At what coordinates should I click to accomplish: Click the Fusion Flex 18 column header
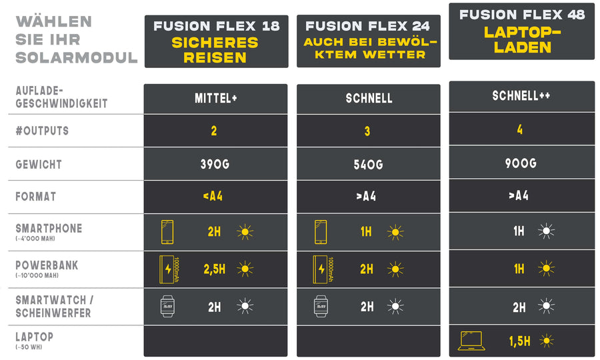tap(217, 27)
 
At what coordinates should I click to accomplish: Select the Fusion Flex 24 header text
tap(368, 27)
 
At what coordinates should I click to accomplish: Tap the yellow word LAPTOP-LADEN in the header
tap(521, 40)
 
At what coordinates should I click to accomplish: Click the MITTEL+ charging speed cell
tap(215, 99)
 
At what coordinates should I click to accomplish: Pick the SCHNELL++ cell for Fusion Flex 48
tap(521, 96)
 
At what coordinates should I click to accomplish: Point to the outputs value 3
tap(367, 131)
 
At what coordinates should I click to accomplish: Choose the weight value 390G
tap(215, 164)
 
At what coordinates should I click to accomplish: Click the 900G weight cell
tap(521, 162)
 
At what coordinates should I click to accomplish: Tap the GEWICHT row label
tap(39, 164)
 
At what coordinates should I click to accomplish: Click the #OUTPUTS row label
tap(42, 131)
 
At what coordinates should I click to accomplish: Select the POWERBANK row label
tap(47, 265)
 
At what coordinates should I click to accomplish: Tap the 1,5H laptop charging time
tap(519, 341)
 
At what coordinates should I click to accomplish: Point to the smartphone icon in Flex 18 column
tap(167, 232)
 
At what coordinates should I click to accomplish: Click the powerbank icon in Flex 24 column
tap(321, 269)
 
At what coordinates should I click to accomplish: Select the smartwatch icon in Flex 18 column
tap(167, 306)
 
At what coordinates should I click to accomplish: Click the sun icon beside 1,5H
tap(547, 341)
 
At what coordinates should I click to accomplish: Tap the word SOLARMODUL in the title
tap(76, 57)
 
